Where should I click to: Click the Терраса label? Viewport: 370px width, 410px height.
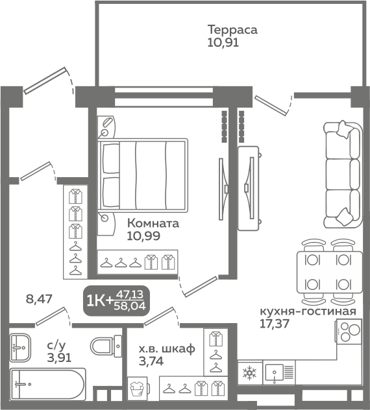point(232,30)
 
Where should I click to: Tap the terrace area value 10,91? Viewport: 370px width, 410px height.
point(223,42)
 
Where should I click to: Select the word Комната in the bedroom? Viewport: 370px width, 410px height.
point(153,224)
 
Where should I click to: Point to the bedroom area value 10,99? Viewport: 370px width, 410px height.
point(143,236)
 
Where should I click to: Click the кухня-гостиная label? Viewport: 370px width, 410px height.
point(308,311)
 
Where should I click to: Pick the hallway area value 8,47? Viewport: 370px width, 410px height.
point(39,298)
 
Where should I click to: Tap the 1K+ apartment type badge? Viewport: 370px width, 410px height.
point(116,301)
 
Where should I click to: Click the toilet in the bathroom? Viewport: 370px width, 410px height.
point(106,346)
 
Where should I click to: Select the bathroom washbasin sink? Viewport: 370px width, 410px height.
point(20,348)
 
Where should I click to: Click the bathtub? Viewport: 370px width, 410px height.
point(48,384)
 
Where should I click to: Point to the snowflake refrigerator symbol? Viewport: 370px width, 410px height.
point(250,372)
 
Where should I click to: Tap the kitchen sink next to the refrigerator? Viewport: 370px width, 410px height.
point(279,372)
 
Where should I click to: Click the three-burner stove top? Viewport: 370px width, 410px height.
point(349,331)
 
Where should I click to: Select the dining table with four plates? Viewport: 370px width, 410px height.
point(329,272)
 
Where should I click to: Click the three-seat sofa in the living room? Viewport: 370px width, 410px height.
point(343,175)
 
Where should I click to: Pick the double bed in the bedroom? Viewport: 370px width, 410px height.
point(143,175)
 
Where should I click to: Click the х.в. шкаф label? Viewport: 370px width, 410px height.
point(167,349)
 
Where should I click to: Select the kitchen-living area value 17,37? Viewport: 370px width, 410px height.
point(274,324)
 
